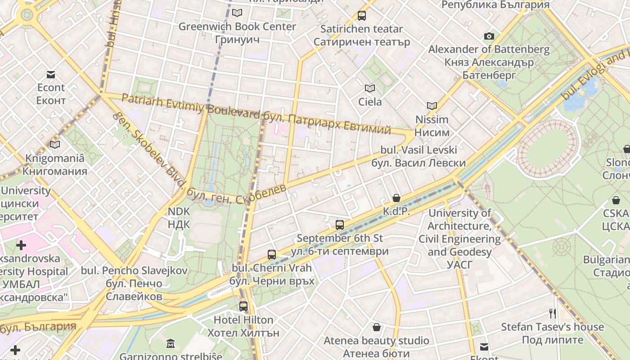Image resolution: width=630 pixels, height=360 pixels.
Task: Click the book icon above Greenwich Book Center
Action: point(237,13)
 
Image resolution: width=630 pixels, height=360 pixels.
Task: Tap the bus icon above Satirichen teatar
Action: point(361,16)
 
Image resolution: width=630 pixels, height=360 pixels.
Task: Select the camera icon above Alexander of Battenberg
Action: point(489,36)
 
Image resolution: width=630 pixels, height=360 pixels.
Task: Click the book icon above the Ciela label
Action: point(370,88)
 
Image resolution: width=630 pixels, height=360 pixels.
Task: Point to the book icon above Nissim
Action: point(432,106)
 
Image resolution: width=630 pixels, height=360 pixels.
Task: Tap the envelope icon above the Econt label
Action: point(51,74)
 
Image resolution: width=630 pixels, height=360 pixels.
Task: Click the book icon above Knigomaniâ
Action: point(55,144)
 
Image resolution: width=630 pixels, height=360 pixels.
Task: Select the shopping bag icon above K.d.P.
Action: point(396,198)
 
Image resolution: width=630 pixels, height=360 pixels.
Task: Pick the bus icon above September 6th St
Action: point(340,225)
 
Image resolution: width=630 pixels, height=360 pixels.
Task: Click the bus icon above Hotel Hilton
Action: point(243,306)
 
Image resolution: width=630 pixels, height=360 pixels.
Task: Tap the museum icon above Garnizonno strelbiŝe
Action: point(171,343)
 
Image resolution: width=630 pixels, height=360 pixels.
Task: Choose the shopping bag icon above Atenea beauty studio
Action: point(377,327)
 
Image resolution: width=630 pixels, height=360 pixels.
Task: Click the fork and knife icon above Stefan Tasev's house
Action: point(553,313)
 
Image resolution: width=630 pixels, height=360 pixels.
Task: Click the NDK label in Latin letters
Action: point(179,211)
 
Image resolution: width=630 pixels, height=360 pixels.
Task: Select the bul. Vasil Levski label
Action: point(418,150)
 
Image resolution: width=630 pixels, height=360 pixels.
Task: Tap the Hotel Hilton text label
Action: point(243,320)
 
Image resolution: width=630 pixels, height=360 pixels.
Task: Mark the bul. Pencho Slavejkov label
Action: point(134,270)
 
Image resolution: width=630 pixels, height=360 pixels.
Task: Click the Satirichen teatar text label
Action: point(361,29)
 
